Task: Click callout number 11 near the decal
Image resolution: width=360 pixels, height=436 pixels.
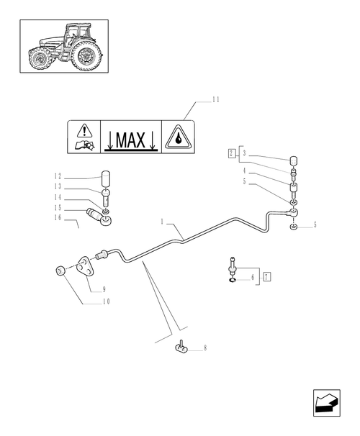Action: tap(215, 100)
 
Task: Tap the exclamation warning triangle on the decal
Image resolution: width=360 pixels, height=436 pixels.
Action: tap(85, 130)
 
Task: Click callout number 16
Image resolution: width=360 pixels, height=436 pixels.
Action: tap(58, 217)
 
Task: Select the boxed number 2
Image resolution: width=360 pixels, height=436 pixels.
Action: tap(231, 153)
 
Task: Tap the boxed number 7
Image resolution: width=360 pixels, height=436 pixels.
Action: tap(267, 276)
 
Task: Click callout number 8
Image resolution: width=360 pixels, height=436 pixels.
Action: tap(205, 348)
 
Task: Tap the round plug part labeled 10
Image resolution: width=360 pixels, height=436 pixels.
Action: tap(58, 271)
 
